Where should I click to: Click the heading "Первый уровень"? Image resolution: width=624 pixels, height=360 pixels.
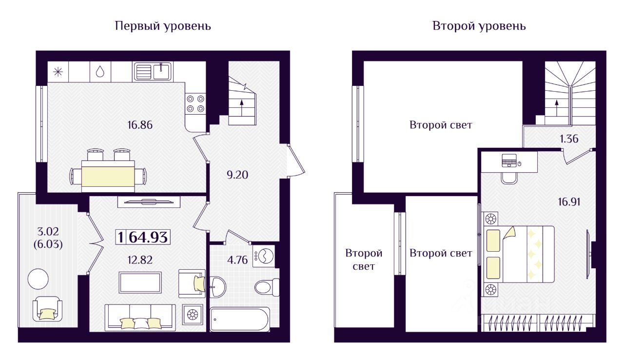click(x=163, y=26)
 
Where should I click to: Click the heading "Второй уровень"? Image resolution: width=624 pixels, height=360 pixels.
click(x=479, y=26)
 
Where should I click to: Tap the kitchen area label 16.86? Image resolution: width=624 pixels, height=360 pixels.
click(x=140, y=125)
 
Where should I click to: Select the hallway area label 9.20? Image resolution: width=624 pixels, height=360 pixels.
click(x=237, y=175)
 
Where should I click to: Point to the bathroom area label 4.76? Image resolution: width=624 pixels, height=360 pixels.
click(x=237, y=260)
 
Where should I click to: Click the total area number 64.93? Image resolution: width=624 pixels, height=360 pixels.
click(x=148, y=238)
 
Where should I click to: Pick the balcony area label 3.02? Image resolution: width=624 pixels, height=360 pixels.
click(x=48, y=231)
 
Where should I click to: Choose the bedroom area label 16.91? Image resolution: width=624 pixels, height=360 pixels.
click(x=569, y=202)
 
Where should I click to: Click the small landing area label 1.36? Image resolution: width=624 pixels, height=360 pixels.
click(x=569, y=139)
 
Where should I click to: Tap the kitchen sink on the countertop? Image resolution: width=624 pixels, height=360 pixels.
click(x=153, y=71)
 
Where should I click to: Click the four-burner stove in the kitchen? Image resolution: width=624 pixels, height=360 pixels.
click(x=195, y=103)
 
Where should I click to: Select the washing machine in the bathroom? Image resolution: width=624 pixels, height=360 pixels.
click(x=264, y=255)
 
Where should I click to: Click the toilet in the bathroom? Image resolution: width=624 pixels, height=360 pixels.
click(x=267, y=287)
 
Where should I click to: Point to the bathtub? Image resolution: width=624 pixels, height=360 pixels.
click(x=240, y=320)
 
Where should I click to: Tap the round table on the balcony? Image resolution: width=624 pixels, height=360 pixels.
click(x=38, y=279)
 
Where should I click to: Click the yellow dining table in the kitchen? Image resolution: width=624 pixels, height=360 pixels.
click(x=108, y=177)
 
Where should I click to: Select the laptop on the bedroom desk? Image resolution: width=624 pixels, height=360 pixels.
click(x=509, y=160)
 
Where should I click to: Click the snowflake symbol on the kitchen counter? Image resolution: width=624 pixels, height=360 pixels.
click(x=58, y=72)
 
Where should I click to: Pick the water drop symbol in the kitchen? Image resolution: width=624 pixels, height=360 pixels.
click(x=100, y=72)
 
